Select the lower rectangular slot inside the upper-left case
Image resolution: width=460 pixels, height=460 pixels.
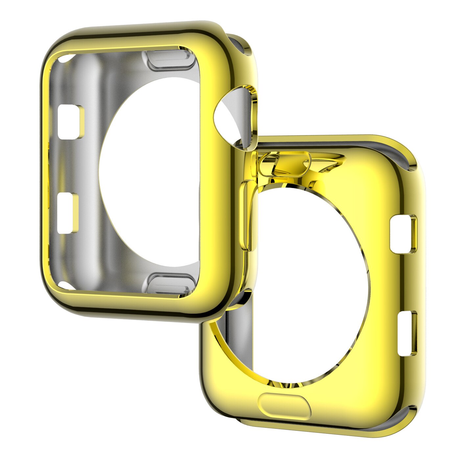68,214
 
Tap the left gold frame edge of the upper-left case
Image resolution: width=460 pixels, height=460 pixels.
46,171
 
